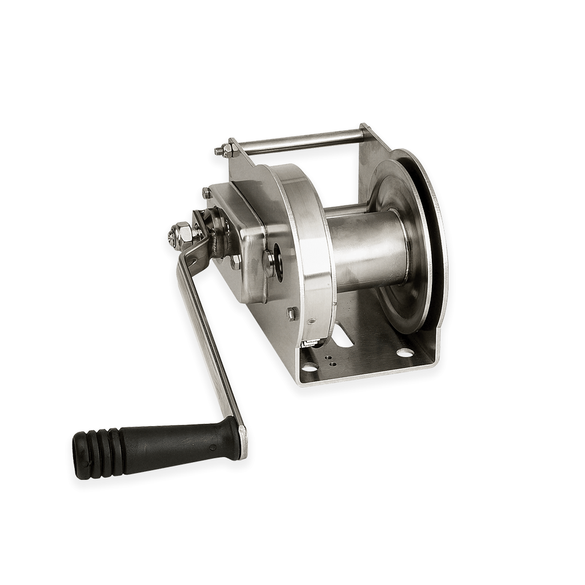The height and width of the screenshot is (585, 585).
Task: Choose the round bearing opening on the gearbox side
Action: pos(278,262)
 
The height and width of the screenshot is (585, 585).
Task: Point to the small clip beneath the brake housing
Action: pos(310,343)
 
